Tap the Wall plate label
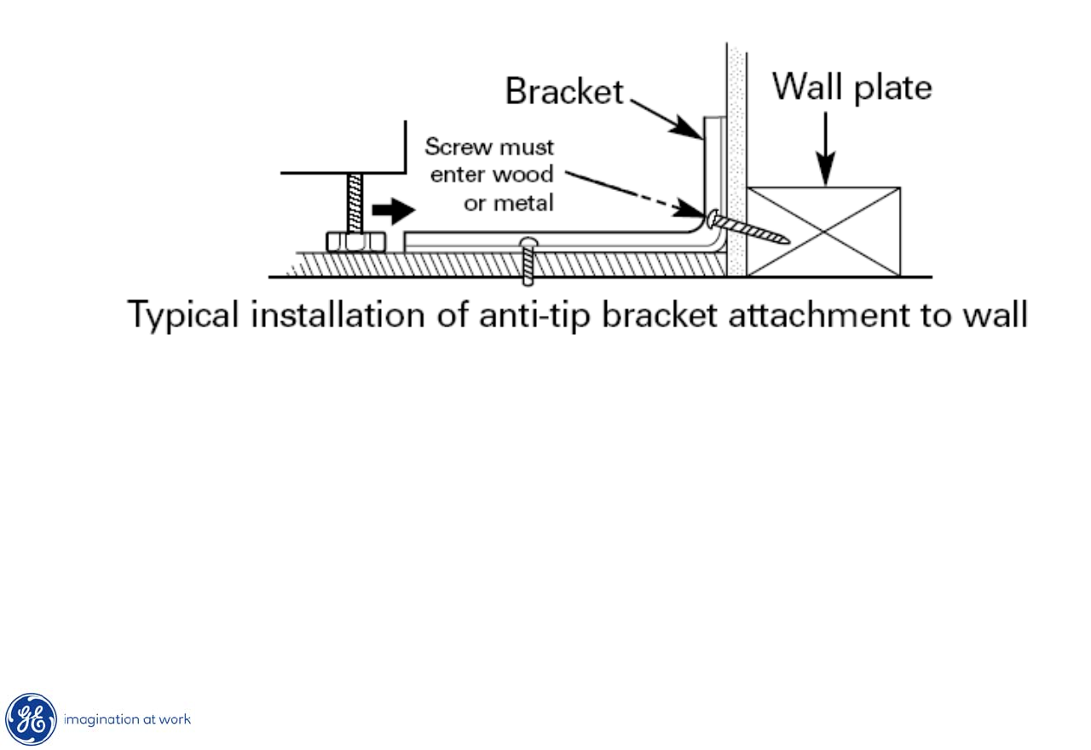851,87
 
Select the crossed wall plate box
823,231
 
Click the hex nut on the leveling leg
355,241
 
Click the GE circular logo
32,719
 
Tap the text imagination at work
128,719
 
